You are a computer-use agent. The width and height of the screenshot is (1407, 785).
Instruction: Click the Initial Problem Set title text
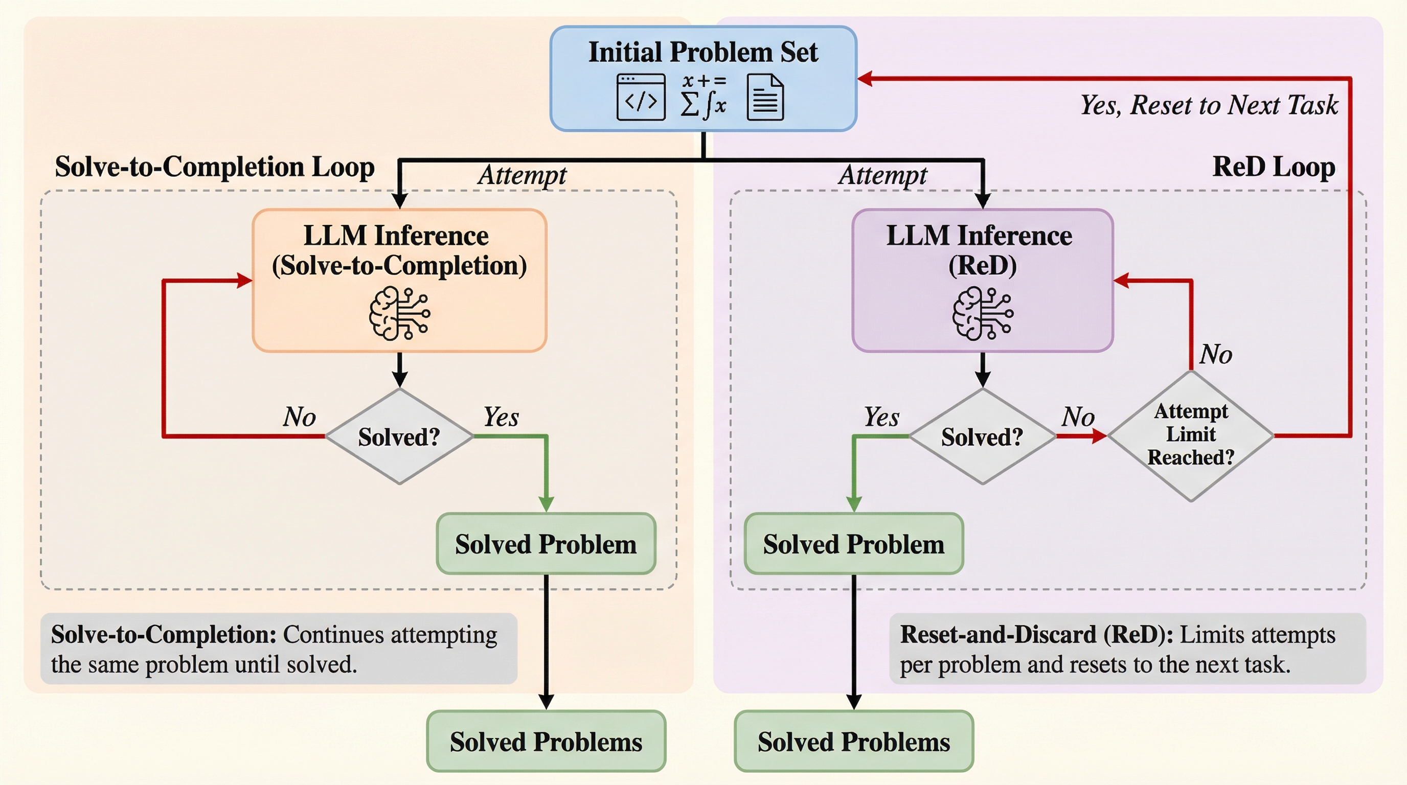pos(702,53)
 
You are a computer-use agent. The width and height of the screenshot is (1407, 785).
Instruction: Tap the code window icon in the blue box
pos(641,97)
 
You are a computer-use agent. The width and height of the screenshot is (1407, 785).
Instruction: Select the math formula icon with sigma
pos(703,97)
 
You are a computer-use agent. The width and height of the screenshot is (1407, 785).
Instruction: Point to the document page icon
pos(765,97)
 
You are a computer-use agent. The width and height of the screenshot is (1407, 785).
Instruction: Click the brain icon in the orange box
pos(399,314)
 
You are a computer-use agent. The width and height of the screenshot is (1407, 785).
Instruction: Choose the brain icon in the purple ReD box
pos(983,314)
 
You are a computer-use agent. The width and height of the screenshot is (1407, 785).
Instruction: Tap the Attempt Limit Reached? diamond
pos(1191,435)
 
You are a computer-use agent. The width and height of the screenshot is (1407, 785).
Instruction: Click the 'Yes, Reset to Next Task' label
pos(1209,105)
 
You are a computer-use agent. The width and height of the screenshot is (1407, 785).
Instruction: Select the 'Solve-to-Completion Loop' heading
pos(215,167)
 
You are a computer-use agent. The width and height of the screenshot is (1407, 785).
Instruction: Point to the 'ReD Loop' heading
pos(1274,167)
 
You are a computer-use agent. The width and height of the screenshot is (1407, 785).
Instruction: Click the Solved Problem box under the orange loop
pos(546,544)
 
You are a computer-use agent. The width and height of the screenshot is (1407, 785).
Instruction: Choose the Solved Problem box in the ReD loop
pos(854,544)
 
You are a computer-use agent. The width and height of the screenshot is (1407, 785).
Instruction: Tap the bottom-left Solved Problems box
pos(546,742)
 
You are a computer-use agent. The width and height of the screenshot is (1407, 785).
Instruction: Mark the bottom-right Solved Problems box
pos(854,742)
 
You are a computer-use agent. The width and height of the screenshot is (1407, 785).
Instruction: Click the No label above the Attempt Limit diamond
pos(1216,354)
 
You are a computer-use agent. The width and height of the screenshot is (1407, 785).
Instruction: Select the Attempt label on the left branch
pos(522,175)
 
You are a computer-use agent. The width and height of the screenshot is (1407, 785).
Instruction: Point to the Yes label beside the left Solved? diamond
pos(501,417)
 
